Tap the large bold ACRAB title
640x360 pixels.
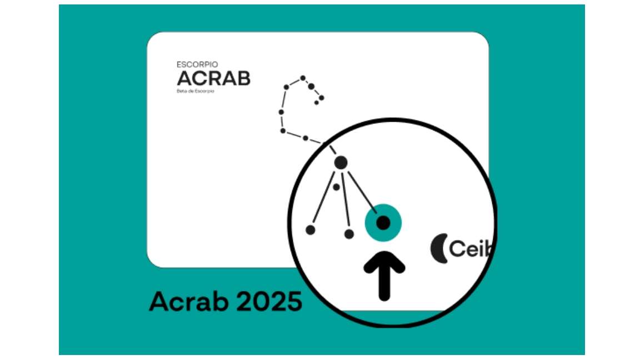tap(213, 78)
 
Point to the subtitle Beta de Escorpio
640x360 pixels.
tap(195, 91)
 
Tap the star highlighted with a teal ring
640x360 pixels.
tap(383, 223)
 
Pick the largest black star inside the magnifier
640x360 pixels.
tap(341, 162)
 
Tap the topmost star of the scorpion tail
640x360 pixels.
tap(303, 78)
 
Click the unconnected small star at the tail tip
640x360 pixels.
tap(316, 103)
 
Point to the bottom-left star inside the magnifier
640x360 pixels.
tap(311, 229)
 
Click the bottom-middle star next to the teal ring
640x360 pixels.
tap(349, 234)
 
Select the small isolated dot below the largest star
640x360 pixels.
tap(336, 187)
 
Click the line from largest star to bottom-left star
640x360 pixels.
tap(323, 200)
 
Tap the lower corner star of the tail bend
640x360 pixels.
tap(283, 131)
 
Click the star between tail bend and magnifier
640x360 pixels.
tap(306, 138)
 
